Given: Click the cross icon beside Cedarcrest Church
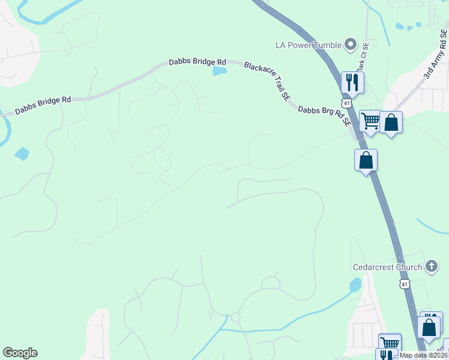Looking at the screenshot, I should [431, 266].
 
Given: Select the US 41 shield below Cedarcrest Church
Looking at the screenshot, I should [405, 284].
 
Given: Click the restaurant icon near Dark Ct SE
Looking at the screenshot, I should [352, 82].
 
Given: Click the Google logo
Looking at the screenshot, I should [20, 353].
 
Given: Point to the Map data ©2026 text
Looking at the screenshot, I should [424, 355].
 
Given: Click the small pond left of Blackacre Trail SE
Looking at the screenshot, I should [220, 71].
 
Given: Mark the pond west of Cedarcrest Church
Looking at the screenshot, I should [355, 284].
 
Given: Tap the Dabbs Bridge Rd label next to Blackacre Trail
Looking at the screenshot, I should [197, 62].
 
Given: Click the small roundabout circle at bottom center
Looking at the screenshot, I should [236, 317].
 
